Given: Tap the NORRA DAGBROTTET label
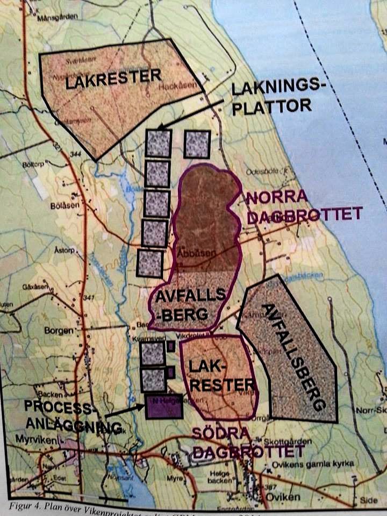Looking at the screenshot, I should click(x=304, y=206).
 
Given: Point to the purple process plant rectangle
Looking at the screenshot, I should click(x=164, y=406).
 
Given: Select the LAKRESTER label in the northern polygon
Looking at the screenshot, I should click(x=113, y=79).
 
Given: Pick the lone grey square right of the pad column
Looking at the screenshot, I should click(x=197, y=144).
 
